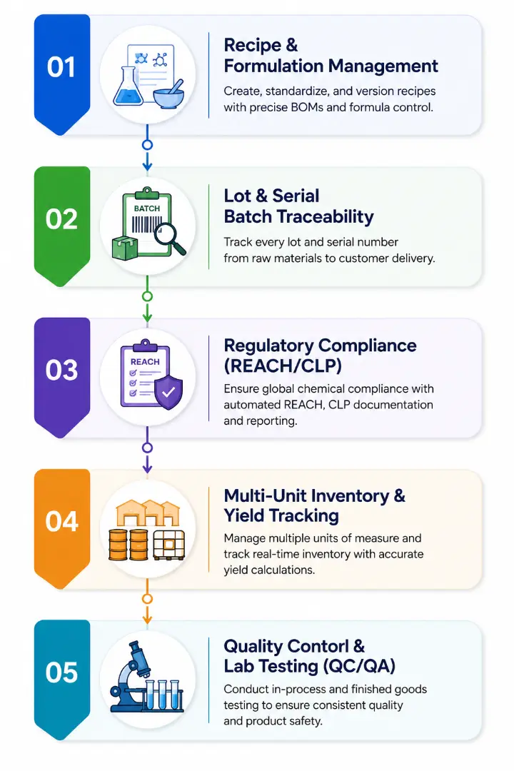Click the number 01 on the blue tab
coord(61,67)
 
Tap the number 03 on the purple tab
coord(61,370)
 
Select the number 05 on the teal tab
coord(61,672)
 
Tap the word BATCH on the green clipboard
coord(146,208)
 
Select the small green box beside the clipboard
coord(125,248)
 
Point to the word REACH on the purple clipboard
coord(145,362)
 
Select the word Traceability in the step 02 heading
coord(325,216)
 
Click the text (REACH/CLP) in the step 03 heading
coord(283,366)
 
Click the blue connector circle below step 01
coord(147,144)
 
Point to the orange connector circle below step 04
coord(147,598)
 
